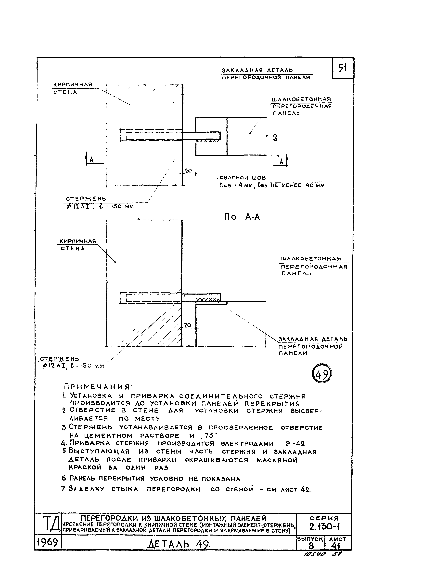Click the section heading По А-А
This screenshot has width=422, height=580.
[x=242, y=217]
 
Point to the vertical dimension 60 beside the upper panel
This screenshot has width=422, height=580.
[x=275, y=138]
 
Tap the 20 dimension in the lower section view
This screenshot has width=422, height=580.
[x=188, y=325]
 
